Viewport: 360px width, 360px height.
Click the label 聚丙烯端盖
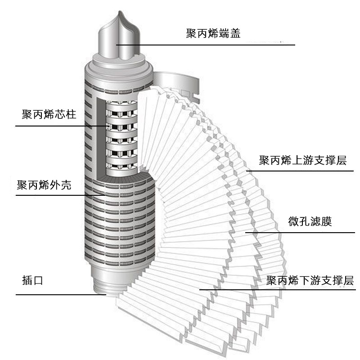click(213, 33)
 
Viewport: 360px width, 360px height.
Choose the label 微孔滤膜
click(310, 222)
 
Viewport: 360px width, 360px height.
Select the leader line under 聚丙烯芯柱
click(58, 126)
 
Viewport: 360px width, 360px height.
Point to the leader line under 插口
click(58, 295)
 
